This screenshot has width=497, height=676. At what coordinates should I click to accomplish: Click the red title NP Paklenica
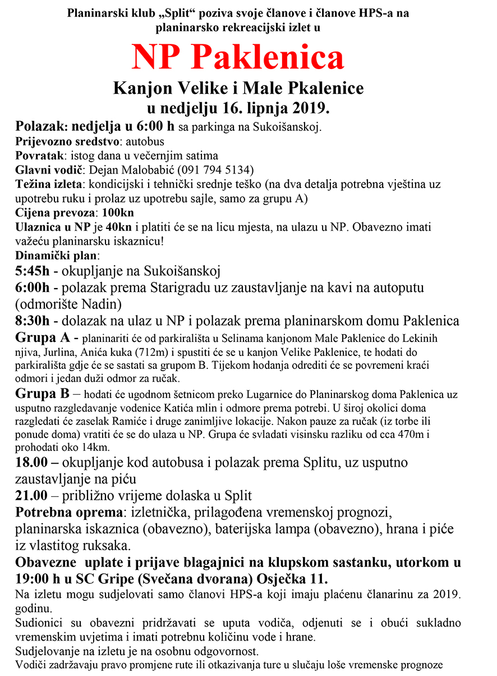[x=237, y=58]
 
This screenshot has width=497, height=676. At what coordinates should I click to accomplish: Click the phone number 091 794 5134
[x=214, y=170]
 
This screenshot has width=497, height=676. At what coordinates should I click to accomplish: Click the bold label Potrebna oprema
[x=69, y=513]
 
